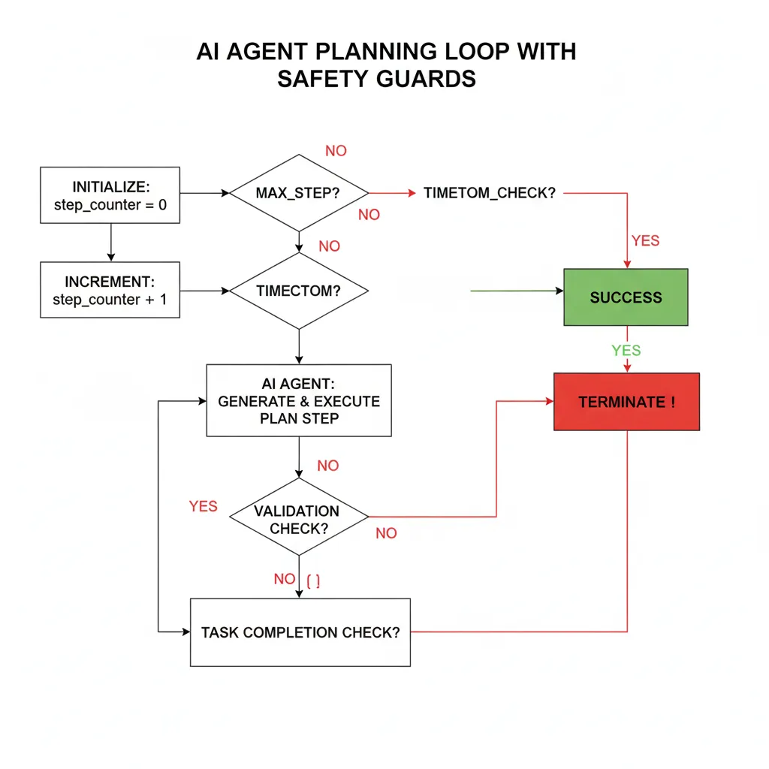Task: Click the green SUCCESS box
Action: tap(626, 297)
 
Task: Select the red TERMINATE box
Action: tap(626, 402)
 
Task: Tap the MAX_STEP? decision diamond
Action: tap(299, 193)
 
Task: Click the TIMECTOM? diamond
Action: tap(299, 291)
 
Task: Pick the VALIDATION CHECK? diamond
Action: tap(299, 518)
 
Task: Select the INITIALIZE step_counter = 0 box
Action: tap(110, 195)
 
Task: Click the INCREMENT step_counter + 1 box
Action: tap(110, 291)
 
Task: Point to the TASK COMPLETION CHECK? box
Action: tap(300, 632)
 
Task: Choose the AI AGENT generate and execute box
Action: tap(299, 400)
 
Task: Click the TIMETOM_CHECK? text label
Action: tap(490, 193)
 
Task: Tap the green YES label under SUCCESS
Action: tap(626, 351)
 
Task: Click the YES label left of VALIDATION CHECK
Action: tap(203, 507)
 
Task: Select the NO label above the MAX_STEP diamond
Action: tap(336, 151)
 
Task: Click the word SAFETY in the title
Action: tap(323, 79)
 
